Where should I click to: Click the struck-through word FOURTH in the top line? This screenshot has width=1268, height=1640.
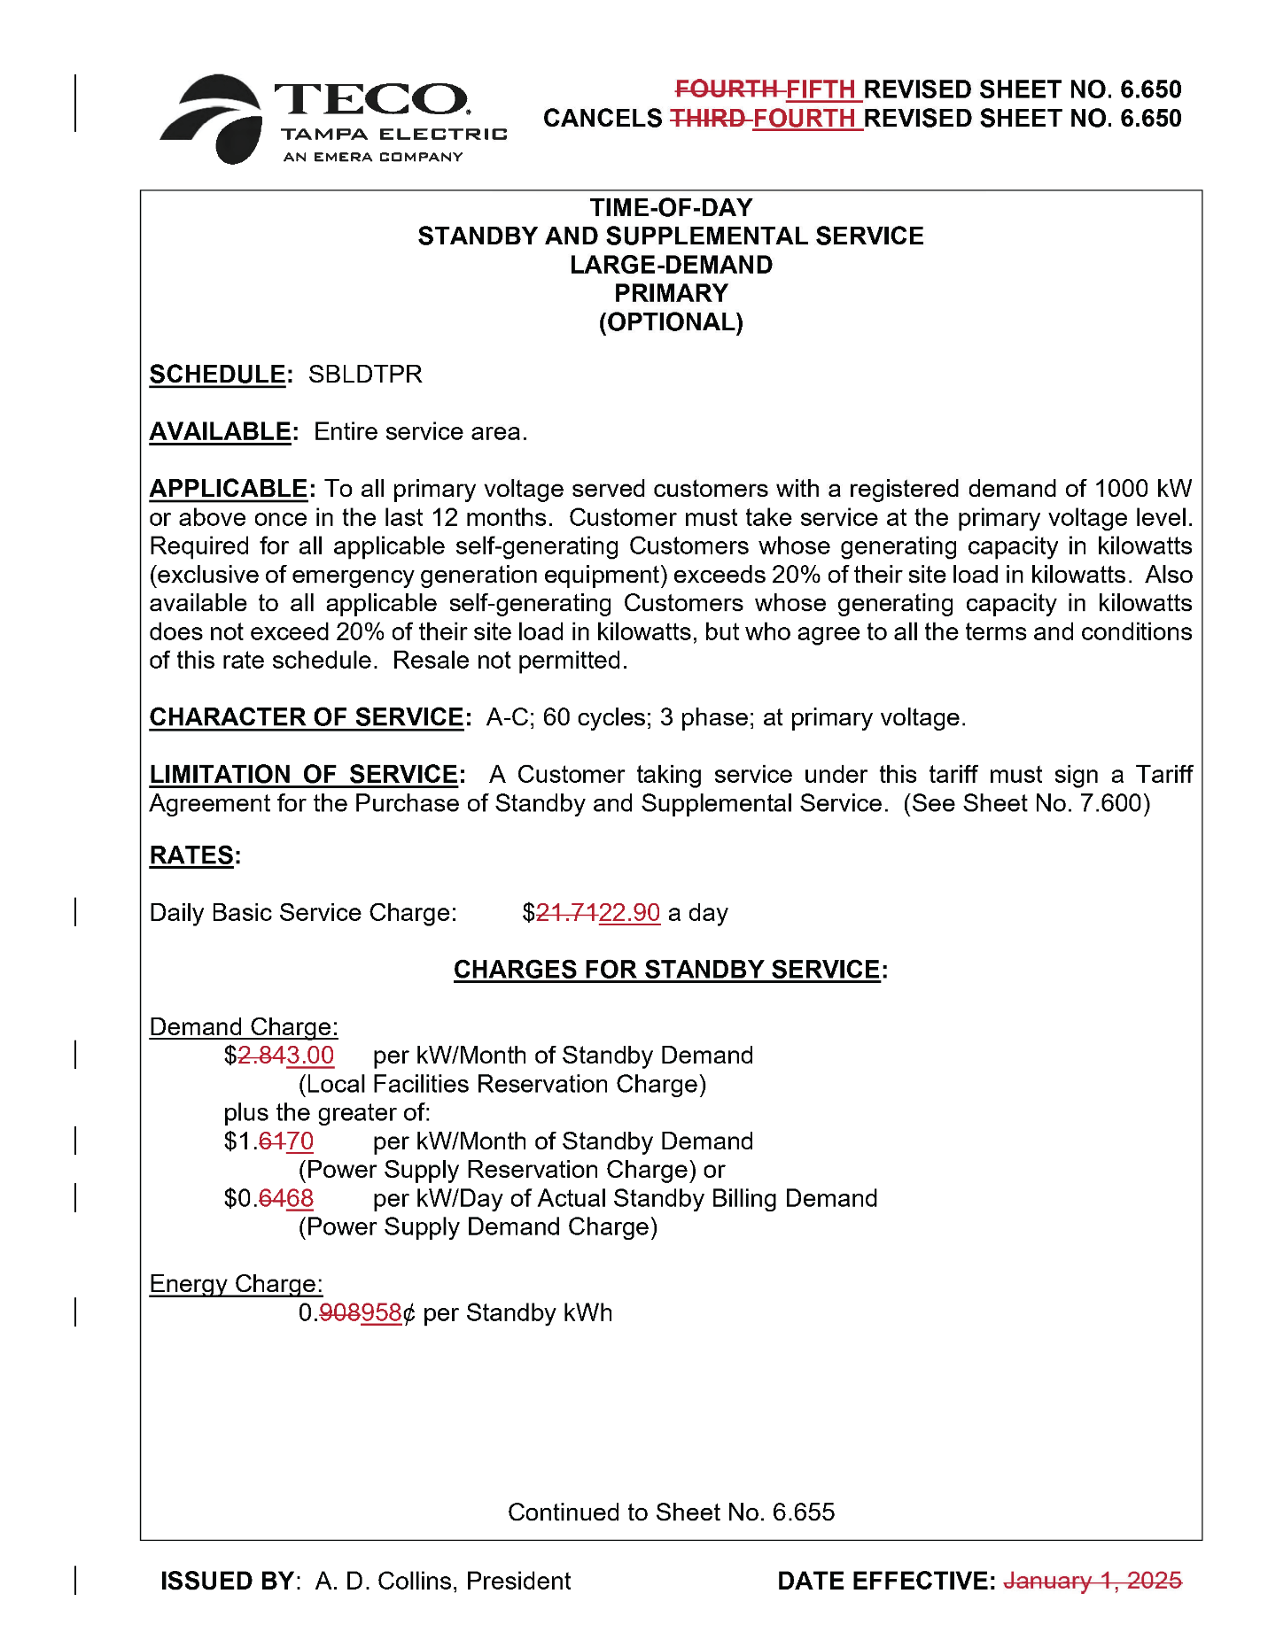click(x=726, y=89)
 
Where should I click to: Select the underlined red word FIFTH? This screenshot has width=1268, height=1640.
click(x=821, y=89)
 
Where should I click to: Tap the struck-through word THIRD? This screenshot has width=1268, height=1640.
click(x=706, y=119)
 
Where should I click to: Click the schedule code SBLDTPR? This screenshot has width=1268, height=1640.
click(x=365, y=375)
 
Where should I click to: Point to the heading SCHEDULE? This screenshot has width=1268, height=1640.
click(x=217, y=375)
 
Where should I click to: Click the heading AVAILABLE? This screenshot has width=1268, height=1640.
click(x=220, y=432)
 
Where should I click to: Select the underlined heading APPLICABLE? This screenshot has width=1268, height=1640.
click(x=229, y=489)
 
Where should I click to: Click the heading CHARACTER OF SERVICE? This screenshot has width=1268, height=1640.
click(x=307, y=717)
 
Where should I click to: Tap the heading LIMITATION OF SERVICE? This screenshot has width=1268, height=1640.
click(x=304, y=775)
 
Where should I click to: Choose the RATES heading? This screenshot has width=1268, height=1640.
click(x=191, y=855)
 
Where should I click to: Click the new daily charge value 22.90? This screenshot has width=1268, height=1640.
click(x=629, y=913)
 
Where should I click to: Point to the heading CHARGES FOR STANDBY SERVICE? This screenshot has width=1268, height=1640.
click(x=666, y=970)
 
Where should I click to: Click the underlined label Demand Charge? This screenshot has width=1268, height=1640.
click(x=243, y=1027)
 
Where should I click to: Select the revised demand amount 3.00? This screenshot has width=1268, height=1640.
click(x=310, y=1056)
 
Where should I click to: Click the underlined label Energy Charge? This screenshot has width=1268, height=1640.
click(x=236, y=1284)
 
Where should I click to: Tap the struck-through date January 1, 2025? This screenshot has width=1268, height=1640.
click(x=1092, y=1581)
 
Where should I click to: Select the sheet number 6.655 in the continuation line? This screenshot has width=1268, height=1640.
click(x=803, y=1512)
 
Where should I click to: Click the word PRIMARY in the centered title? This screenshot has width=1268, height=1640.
click(x=671, y=293)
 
